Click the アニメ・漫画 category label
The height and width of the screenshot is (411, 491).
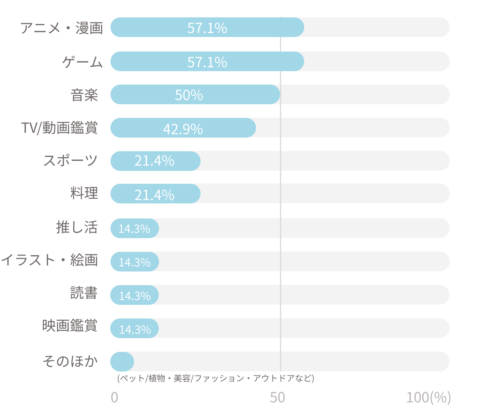coord(61,28)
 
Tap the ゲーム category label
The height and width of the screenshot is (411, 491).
coord(82,62)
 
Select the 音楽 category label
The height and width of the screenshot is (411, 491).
coord(84,95)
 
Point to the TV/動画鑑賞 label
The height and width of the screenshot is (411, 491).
coord(60,128)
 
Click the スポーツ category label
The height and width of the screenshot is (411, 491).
coord(71,160)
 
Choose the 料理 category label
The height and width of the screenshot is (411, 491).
coord(84,193)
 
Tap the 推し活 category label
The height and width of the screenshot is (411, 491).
coord(77,227)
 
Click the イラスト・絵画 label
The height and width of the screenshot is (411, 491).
coord(50,260)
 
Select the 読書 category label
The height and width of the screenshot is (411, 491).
coord(84,293)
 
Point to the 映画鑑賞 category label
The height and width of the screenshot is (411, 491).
coord(70,326)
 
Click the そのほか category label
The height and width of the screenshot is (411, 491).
coord(70,361)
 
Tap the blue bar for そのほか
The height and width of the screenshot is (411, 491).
coord(122,361)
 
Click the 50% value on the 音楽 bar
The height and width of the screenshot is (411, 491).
coord(189,95)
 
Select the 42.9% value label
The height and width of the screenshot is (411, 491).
coord(183,129)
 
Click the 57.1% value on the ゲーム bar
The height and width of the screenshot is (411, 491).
coord(207,62)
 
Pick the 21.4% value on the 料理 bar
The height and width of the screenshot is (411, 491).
coord(154,195)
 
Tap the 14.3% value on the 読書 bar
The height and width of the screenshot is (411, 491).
coord(135,296)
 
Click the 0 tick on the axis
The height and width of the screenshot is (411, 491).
coord(115,397)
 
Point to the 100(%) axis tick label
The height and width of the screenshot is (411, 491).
coord(428,397)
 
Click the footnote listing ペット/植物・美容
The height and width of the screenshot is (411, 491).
coord(215,378)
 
